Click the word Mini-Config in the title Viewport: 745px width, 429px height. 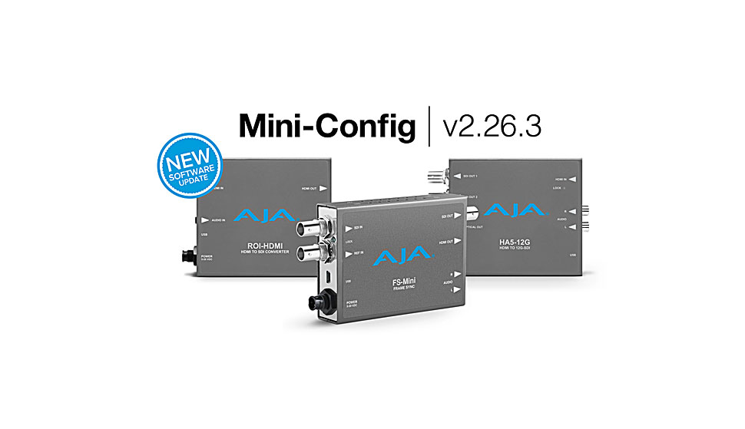[326, 125]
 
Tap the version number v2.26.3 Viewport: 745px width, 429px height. [492, 125]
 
